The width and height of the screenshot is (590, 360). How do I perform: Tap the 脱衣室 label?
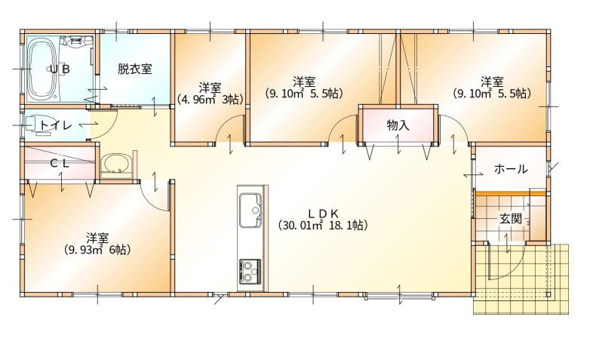[x=134, y=69]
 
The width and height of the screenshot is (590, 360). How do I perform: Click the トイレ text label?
[x=57, y=126]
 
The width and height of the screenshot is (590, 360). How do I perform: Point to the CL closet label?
[x=60, y=162]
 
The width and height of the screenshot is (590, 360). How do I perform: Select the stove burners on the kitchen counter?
[x=249, y=269]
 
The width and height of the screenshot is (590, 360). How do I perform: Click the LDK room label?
[x=322, y=212]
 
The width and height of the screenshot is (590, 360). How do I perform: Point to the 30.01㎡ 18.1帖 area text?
[x=322, y=225]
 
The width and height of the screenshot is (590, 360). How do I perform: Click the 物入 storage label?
[x=398, y=125]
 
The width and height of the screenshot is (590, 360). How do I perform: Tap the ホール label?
[x=511, y=169]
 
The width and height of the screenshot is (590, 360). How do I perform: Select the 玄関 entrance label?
[x=511, y=219]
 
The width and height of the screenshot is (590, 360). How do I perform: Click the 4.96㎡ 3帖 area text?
[x=210, y=99]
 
